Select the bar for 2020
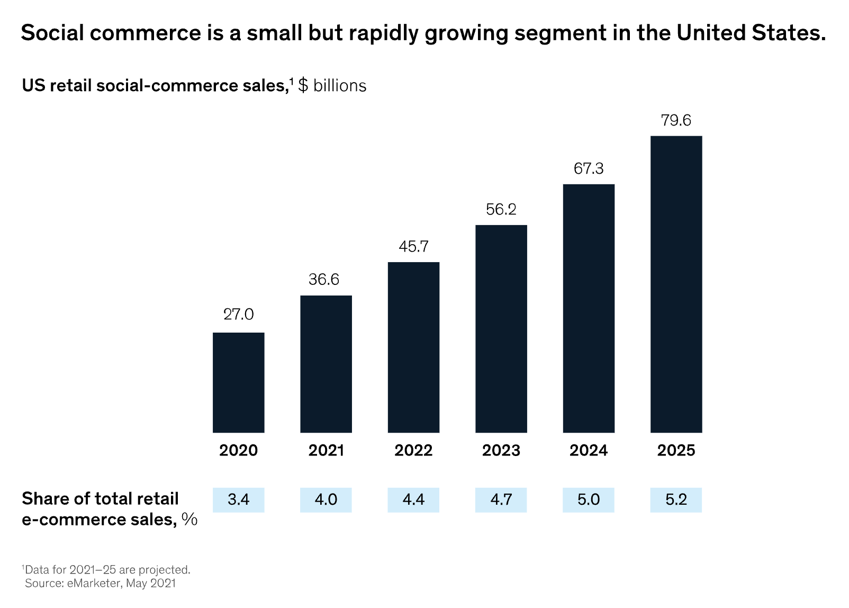[x=238, y=382]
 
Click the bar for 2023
[x=501, y=328]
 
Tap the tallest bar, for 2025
[x=676, y=284]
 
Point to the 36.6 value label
[x=324, y=279]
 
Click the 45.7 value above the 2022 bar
[x=413, y=246]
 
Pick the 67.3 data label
[x=589, y=168]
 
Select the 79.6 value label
[x=676, y=120]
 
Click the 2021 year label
[x=326, y=450]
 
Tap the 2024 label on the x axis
[x=589, y=450]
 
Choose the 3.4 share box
[x=238, y=499]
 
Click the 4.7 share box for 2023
[x=501, y=499]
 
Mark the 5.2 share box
[x=676, y=499]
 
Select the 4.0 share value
[x=326, y=499]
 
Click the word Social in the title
[x=52, y=33]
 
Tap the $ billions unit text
[x=332, y=85]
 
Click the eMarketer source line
[x=100, y=583]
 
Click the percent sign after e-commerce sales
[x=189, y=519]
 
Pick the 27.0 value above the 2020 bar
[x=238, y=314]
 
